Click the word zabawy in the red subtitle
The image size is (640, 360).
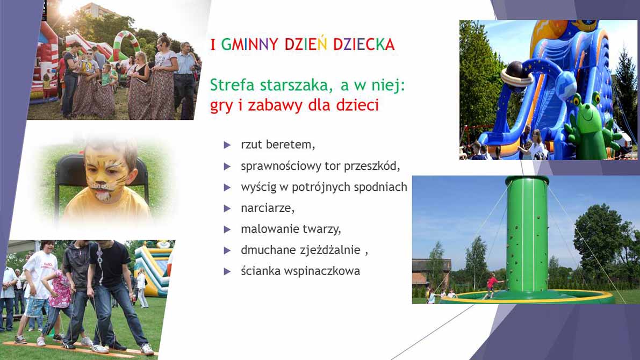[276, 106]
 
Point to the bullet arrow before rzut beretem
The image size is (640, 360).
[227, 145]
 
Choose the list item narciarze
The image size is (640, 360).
[268, 208]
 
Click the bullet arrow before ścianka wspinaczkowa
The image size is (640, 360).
[227, 271]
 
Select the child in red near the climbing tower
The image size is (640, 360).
[492, 285]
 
